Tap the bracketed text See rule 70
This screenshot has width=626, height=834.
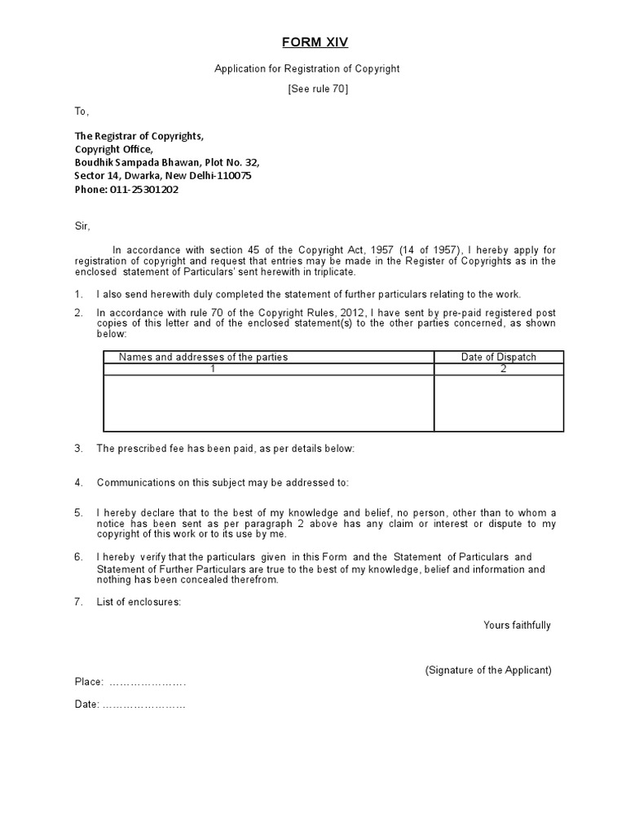point(318,90)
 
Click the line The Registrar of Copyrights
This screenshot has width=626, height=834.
point(139,136)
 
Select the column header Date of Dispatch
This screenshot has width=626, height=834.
point(499,357)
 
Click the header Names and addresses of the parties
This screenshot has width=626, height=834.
point(203,357)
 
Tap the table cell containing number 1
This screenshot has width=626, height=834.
point(213,369)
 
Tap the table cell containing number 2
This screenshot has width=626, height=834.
point(503,369)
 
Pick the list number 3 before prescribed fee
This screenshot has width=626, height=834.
point(79,449)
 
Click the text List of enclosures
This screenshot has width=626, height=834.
point(139,602)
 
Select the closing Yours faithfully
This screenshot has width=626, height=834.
point(517,625)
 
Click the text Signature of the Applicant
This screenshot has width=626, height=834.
point(488,670)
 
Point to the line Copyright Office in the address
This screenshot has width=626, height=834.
point(113,149)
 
